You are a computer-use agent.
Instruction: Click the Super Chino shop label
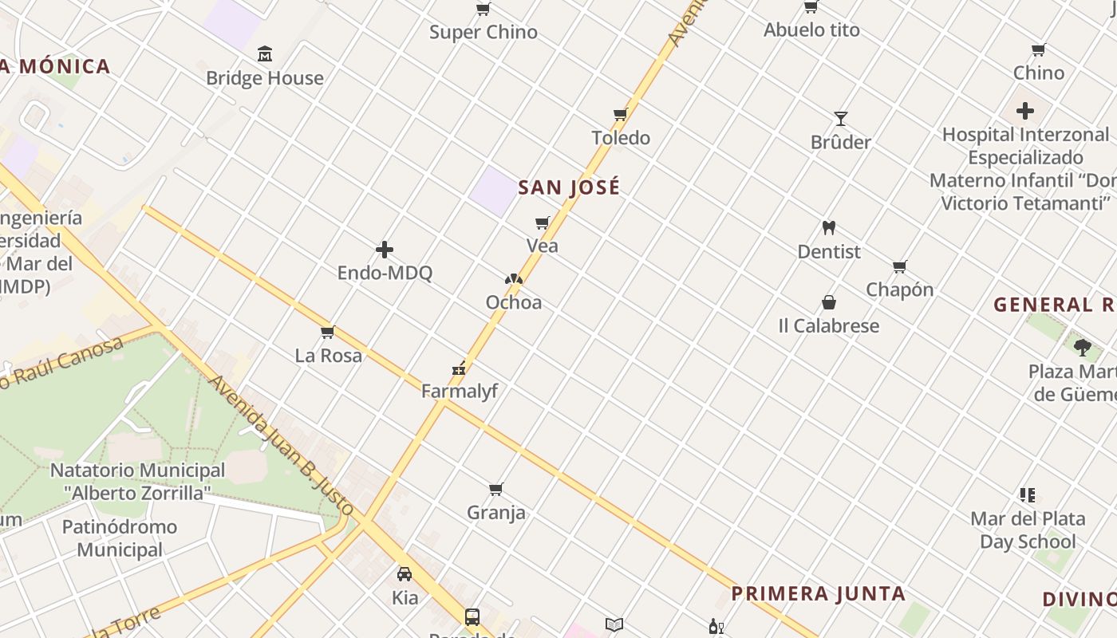[484, 33]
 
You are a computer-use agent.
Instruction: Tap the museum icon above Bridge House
[265, 54]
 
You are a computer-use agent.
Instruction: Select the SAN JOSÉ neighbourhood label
[569, 187]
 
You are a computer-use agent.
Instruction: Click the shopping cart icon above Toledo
[621, 115]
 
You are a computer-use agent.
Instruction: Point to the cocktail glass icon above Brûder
[841, 119]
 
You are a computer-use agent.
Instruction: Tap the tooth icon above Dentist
[829, 228]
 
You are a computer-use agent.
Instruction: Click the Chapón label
[900, 289]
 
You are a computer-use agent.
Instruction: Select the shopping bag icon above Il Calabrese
[829, 303]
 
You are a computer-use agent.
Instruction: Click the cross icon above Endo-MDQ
[385, 250]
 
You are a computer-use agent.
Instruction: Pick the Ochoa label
[514, 302]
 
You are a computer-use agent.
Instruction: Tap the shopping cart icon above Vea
[543, 223]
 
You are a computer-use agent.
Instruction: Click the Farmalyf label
[460, 391]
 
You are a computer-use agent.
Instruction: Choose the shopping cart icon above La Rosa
[327, 333]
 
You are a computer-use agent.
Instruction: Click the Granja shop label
[496, 512]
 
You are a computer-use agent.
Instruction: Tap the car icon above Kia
[405, 573]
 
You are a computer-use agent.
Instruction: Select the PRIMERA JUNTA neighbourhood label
[819, 593]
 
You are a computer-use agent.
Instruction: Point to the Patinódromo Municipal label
[120, 538]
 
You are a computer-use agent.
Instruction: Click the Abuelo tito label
[811, 30]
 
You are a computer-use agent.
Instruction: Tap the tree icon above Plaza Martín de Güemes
[1083, 347]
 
